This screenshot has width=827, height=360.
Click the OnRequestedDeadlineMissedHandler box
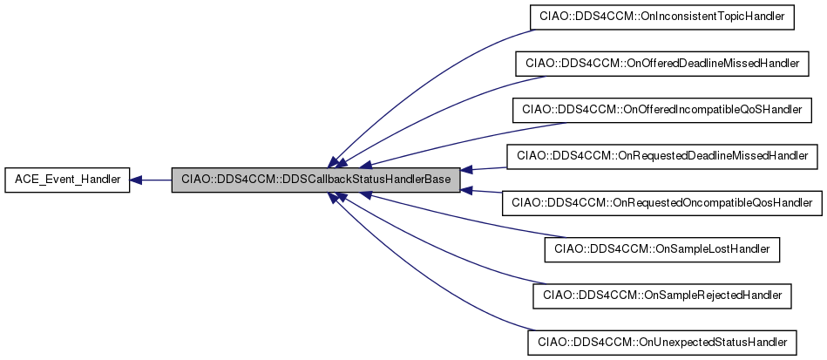coord(662,156)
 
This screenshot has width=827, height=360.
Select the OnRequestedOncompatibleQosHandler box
coord(662,203)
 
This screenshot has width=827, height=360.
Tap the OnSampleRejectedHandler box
coord(662,295)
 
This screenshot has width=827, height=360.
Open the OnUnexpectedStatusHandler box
coord(662,343)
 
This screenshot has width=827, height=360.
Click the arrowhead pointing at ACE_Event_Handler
coord(137,180)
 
